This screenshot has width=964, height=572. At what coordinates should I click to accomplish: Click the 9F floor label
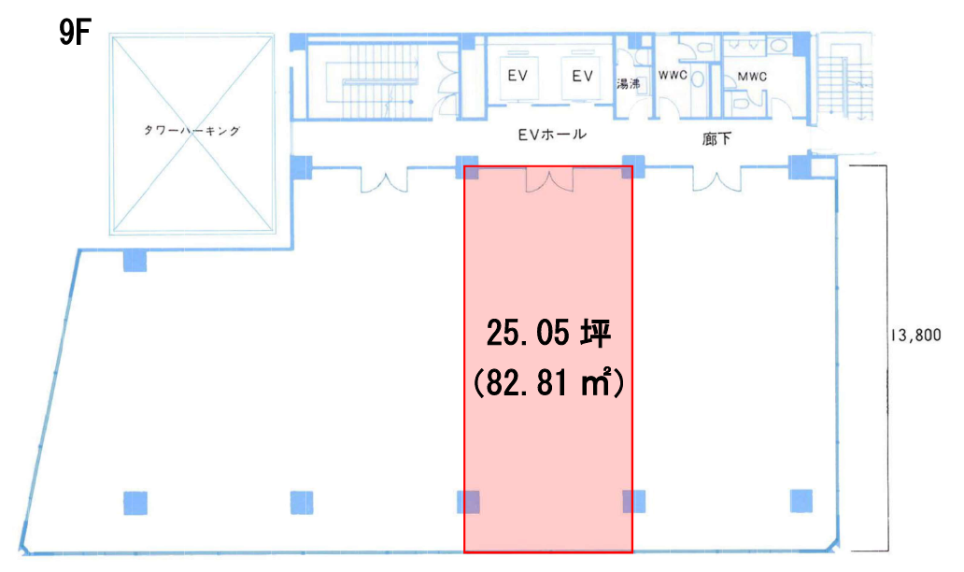coord(75,33)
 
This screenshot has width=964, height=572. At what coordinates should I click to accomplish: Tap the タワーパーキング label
coord(191,131)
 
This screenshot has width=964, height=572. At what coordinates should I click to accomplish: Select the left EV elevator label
coord(517,76)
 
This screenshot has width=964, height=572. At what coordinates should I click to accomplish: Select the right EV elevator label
coord(582,76)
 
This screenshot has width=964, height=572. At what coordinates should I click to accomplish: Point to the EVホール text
coord(552,135)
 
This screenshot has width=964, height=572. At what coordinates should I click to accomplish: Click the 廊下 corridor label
coord(716,139)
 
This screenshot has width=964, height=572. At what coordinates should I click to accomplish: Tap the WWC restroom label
coord(673,76)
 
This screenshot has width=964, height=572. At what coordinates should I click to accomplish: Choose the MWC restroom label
coord(752,77)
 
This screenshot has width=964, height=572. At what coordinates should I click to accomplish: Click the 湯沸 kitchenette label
coord(629,83)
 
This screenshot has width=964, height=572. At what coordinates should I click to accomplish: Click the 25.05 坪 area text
coord(548,334)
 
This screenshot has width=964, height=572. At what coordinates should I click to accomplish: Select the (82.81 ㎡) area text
coord(548,383)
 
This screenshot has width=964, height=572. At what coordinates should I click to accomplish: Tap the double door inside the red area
coord(549,179)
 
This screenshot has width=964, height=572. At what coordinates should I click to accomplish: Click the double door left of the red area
coord(384,179)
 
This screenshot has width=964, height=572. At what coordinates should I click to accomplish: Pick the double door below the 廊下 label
coord(716,179)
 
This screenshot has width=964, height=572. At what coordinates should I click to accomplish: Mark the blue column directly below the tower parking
coord(135,260)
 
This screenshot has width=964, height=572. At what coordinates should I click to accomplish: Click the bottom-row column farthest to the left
coord(135,503)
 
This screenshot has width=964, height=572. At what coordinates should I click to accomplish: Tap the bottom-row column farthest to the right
coord(801,501)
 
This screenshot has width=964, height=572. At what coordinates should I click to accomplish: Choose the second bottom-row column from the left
coord(301,503)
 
